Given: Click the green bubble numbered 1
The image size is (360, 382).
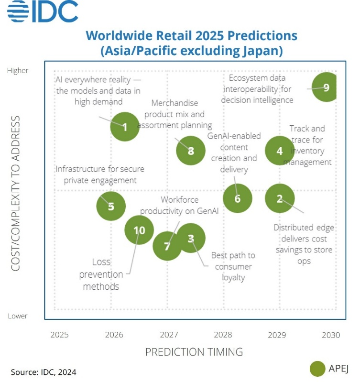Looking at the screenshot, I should [125, 127].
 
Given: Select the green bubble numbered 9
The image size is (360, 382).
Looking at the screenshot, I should [326, 87].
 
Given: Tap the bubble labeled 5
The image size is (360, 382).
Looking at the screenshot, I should [111, 206].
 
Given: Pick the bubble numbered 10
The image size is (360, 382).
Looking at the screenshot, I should [139, 230].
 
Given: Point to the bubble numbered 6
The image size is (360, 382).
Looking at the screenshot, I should [238, 198].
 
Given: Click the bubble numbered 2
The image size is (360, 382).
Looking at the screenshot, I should [280, 198].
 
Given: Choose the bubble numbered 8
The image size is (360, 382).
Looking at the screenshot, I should [191, 151].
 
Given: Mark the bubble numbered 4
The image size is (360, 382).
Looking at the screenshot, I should [280, 151].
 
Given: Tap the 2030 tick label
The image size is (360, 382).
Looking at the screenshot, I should [330, 335].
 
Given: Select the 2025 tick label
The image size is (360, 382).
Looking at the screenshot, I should [59, 335].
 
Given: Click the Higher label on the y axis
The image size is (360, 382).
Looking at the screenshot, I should [18, 71].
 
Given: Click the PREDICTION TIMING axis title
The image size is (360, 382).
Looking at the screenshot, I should [194, 352].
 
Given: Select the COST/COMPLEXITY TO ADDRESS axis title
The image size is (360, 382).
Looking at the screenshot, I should [16, 193].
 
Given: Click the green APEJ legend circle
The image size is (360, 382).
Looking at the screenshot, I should [317, 369].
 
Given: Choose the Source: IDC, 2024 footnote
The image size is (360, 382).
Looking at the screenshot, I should [44, 371].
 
